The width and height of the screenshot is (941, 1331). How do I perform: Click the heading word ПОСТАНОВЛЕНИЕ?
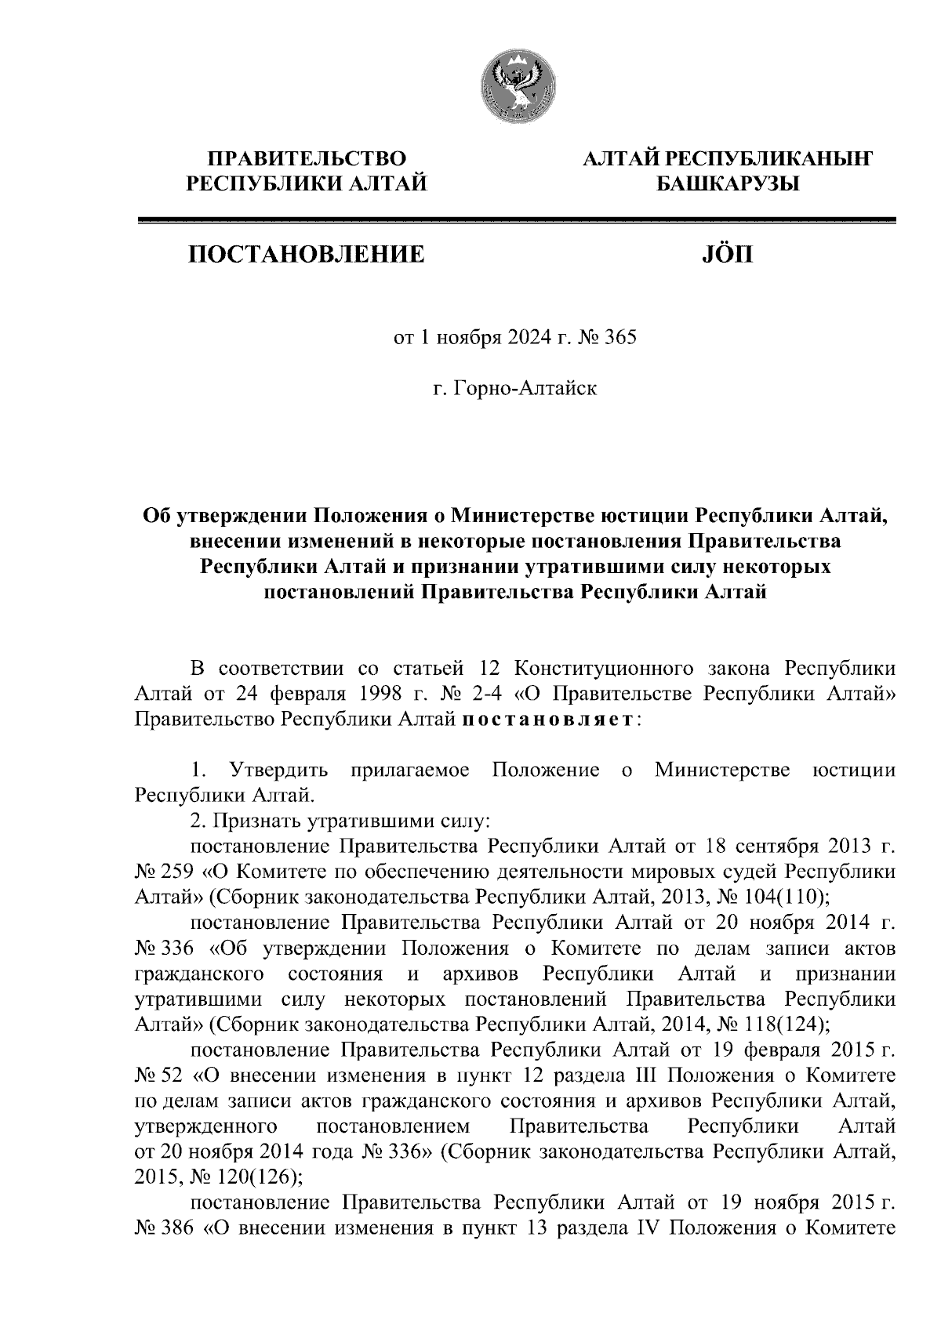pyautogui.click(x=305, y=254)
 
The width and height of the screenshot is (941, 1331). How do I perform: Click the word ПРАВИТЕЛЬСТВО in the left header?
pyautogui.click(x=305, y=160)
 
